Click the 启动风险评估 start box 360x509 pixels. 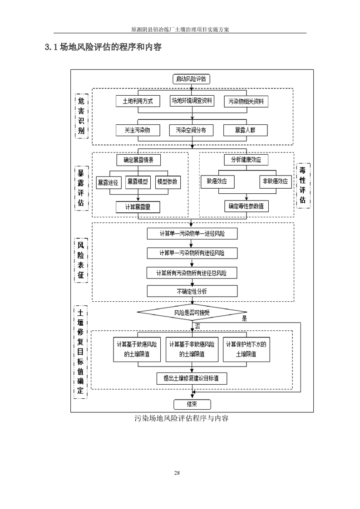191,79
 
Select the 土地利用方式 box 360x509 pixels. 138,101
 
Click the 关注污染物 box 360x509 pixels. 138,130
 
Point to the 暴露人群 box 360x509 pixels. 246,130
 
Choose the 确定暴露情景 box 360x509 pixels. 138,160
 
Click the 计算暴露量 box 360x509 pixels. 138,206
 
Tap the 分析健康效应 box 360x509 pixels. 246,160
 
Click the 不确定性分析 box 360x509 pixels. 192,291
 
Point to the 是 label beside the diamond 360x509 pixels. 244,318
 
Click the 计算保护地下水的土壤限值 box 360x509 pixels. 246,349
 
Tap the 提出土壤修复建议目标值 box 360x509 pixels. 191,378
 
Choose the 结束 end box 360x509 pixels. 192,405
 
